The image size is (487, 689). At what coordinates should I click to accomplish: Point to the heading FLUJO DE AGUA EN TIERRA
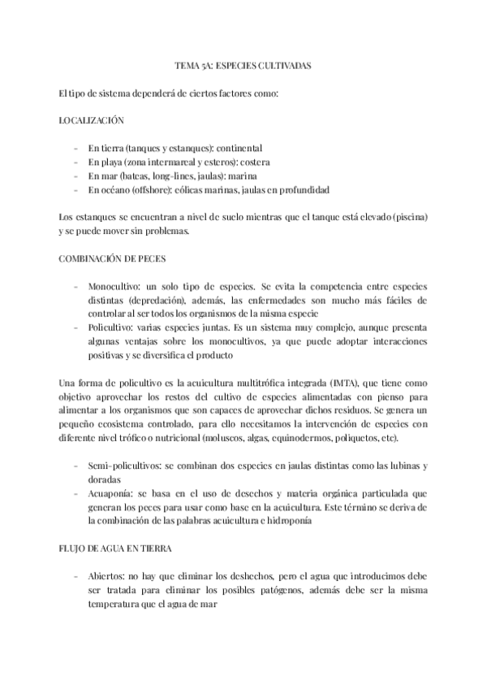coord(112,548)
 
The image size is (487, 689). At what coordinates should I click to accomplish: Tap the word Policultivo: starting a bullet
coord(113,327)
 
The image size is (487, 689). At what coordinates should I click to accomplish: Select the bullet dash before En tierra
coord(75,148)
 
